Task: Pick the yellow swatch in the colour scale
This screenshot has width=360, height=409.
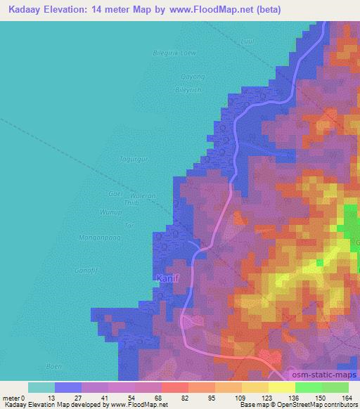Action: point(281,387)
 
